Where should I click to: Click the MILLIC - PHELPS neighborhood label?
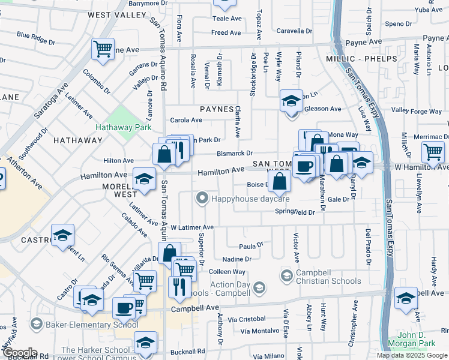coord(361,59)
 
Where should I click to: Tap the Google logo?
coord(19,353)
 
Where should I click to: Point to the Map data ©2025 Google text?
coord(412,355)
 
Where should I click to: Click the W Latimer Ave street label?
coord(192,228)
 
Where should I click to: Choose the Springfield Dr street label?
coord(295,212)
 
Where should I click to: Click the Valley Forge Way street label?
coord(417,111)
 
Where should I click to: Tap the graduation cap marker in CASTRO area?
coord(62,236)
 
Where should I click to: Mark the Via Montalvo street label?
coord(259,331)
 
